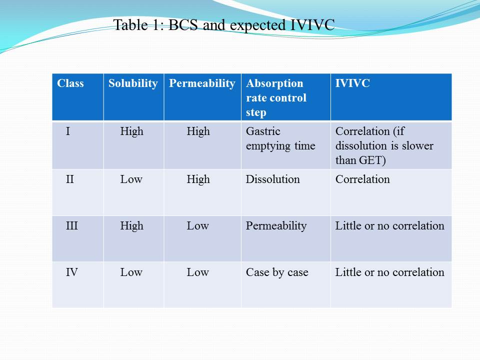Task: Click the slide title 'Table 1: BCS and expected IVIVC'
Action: (223, 25)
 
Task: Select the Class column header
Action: (70, 83)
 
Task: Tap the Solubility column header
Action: (133, 83)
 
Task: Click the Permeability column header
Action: (202, 83)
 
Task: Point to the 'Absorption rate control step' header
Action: (275, 97)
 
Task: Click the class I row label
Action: (68, 131)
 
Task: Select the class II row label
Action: (70, 179)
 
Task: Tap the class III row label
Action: (71, 225)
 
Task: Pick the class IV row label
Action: (72, 272)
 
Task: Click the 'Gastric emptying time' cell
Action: (280, 138)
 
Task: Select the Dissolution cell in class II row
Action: (272, 179)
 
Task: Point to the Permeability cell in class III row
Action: (276, 225)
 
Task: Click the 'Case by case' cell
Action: (277, 272)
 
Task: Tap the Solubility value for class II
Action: (131, 179)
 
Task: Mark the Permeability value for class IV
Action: (197, 272)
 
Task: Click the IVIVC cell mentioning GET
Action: (384, 145)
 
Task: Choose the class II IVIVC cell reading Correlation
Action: (362, 179)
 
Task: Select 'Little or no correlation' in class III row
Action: (389, 225)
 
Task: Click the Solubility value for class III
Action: (131, 225)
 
